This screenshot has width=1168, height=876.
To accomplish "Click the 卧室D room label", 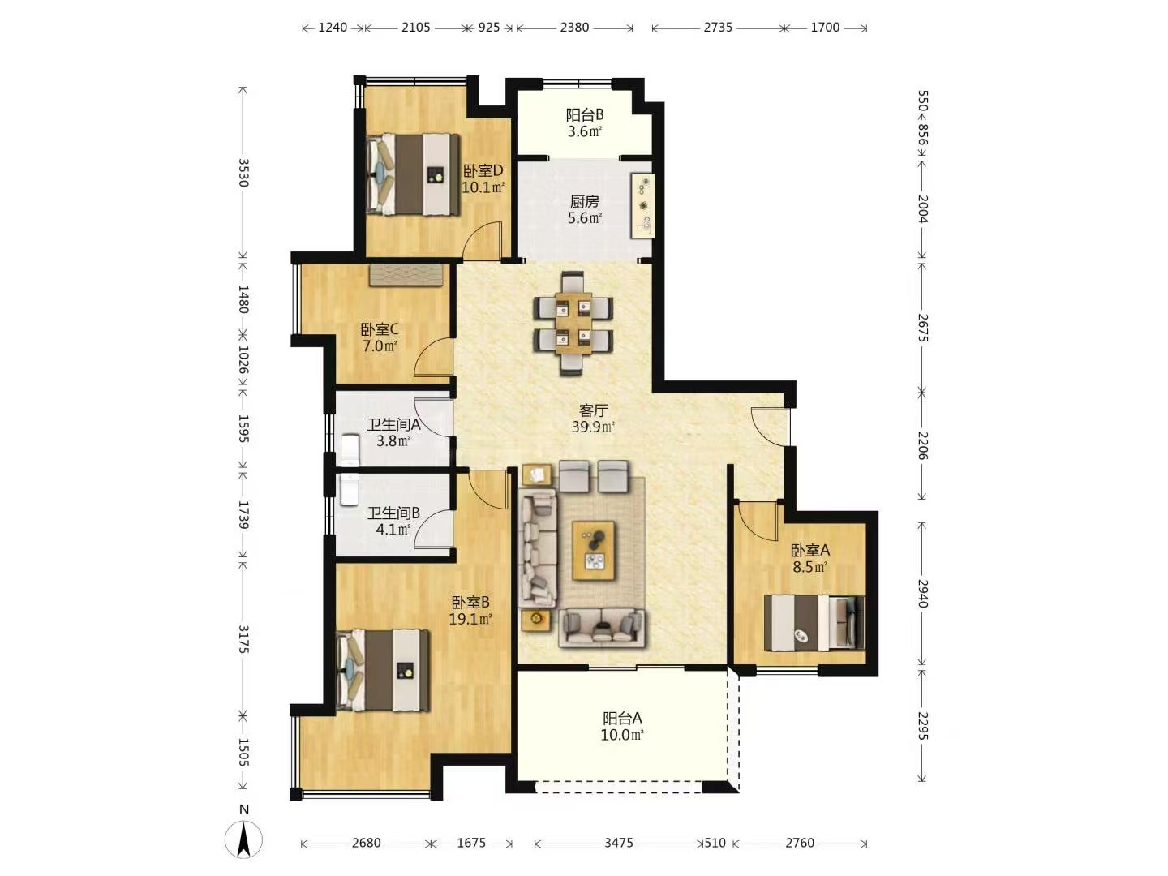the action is (x=483, y=171).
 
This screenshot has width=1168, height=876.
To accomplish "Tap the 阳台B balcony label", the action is (x=584, y=115).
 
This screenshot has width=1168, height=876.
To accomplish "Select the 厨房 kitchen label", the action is (x=584, y=202).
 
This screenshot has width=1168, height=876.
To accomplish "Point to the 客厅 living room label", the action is (x=593, y=410).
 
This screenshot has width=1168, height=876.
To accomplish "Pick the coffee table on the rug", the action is (x=593, y=551).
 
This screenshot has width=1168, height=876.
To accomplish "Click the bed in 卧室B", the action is (x=383, y=670).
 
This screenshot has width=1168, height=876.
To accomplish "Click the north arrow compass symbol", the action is (x=243, y=841).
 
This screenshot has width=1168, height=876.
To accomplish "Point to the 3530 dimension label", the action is (x=243, y=172).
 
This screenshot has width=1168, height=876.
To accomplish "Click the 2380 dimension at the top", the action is (x=574, y=27).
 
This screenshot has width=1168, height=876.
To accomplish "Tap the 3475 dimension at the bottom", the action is (x=618, y=843).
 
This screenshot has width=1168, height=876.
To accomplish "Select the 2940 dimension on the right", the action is (x=922, y=594).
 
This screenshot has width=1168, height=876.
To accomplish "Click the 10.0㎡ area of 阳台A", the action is (x=622, y=735).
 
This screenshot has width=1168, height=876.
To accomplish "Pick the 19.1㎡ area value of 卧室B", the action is (x=470, y=619).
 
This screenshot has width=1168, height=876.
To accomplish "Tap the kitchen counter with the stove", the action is (x=642, y=205).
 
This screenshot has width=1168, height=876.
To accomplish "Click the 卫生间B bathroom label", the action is (x=393, y=513).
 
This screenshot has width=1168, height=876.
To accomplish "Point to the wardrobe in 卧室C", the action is (x=406, y=274).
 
